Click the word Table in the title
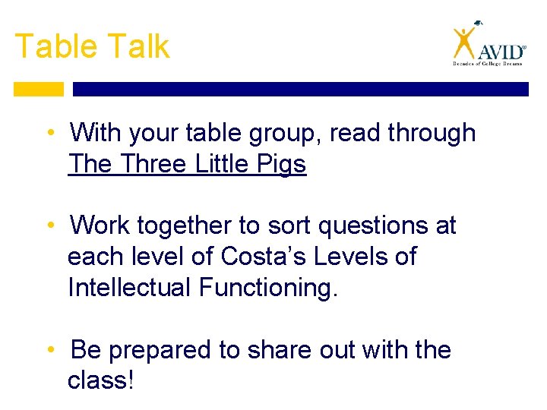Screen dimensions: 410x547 (52, 46)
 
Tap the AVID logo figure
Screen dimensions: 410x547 (463, 43)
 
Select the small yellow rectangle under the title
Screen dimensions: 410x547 (39, 89)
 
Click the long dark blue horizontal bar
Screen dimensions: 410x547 (300, 89)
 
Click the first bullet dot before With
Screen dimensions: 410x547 (49, 133)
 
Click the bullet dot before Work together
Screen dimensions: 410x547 (49, 225)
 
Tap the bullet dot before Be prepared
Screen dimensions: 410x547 (49, 350)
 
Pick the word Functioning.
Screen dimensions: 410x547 (267, 288)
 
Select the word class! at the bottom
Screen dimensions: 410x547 (100, 380)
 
